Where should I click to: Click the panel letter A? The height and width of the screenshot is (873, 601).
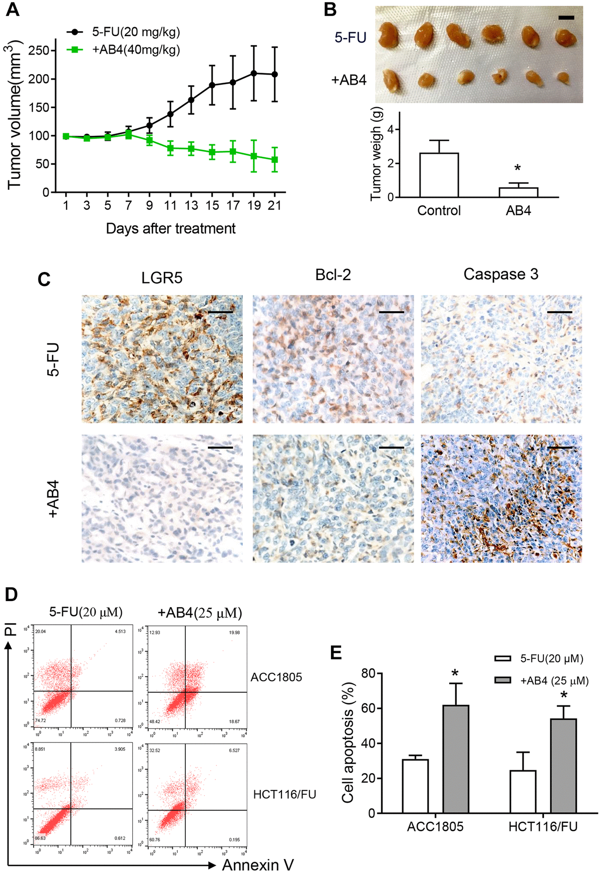[x=12, y=10]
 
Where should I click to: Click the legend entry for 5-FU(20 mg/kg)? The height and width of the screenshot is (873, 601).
[x=135, y=32]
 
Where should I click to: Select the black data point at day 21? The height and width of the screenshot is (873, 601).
[x=274, y=74]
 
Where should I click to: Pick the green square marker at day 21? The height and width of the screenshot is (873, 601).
[x=274, y=160]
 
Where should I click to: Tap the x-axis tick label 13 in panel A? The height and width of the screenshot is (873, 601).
[x=191, y=205]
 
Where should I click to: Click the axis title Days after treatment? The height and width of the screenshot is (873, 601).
[x=170, y=228]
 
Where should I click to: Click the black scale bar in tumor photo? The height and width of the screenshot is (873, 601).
[x=566, y=18]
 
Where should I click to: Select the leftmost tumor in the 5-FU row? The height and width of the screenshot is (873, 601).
[x=390, y=35]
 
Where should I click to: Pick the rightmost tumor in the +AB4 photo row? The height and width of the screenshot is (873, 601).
[x=563, y=78]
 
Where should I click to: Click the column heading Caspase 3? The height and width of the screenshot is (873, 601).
[x=500, y=274]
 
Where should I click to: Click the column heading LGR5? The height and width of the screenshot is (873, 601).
[x=162, y=277]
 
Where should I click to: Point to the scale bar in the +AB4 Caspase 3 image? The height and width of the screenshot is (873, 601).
[x=559, y=448]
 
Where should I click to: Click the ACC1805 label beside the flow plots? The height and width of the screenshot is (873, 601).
[x=276, y=677]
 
